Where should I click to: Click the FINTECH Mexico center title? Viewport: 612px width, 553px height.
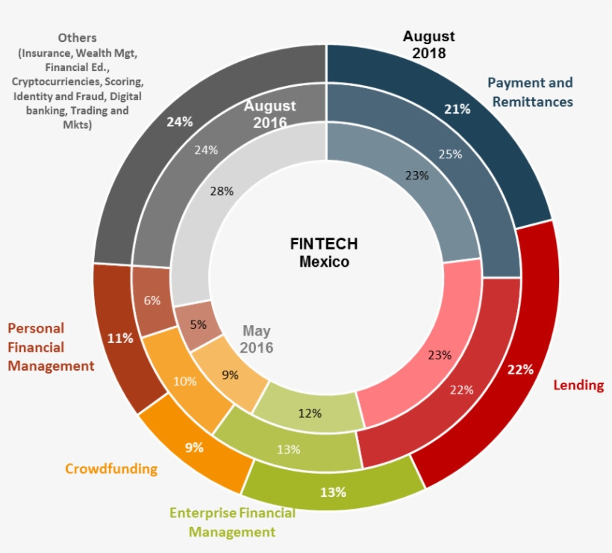(x=324, y=253)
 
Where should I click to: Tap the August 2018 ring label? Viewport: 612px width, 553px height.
(x=428, y=45)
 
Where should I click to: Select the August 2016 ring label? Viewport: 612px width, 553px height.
(x=269, y=114)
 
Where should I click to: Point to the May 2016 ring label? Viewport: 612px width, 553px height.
(x=256, y=339)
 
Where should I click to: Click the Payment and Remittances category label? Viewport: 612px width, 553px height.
(x=531, y=92)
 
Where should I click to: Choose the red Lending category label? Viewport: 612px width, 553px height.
(x=578, y=385)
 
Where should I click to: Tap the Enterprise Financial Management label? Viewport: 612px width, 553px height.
(x=232, y=522)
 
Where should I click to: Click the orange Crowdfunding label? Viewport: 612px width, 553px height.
(x=111, y=469)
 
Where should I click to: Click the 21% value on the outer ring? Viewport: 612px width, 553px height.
(x=457, y=109)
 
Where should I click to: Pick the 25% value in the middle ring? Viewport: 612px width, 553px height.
(x=450, y=155)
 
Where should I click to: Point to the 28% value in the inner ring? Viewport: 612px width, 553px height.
(x=222, y=191)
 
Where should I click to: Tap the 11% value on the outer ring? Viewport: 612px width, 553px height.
(x=119, y=339)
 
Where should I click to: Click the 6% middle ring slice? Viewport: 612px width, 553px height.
(x=152, y=300)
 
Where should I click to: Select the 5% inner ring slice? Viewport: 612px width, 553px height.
(x=198, y=325)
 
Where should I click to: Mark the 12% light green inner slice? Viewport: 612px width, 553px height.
(x=309, y=413)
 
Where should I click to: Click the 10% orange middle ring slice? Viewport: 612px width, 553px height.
(x=184, y=381)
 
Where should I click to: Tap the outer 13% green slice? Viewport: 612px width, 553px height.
(x=333, y=492)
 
